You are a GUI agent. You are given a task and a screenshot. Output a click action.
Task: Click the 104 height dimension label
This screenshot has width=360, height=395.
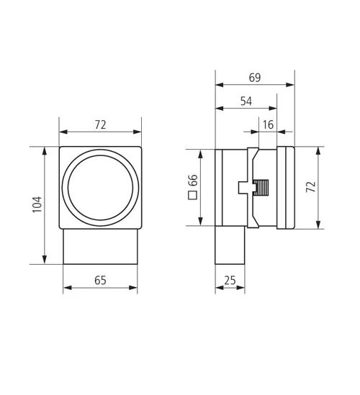point(37,204)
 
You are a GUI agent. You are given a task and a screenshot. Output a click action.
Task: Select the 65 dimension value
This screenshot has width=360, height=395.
point(100,280)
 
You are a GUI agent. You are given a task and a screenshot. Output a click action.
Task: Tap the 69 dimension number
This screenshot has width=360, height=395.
point(255,78)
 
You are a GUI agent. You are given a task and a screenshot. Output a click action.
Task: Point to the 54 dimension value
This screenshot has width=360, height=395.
point(246,101)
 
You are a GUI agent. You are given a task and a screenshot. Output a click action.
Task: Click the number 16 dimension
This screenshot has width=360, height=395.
point(268,124)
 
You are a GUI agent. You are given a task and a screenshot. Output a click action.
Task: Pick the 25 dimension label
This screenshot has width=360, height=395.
point(230,280)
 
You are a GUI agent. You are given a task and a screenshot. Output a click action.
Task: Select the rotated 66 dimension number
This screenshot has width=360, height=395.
point(194,180)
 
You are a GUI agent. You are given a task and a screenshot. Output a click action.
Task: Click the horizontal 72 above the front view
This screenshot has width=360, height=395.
point(101,124)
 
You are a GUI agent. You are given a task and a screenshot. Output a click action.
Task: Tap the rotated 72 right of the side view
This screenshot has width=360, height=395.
point(310,186)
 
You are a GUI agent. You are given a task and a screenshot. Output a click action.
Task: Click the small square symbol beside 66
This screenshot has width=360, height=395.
point(193,195)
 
